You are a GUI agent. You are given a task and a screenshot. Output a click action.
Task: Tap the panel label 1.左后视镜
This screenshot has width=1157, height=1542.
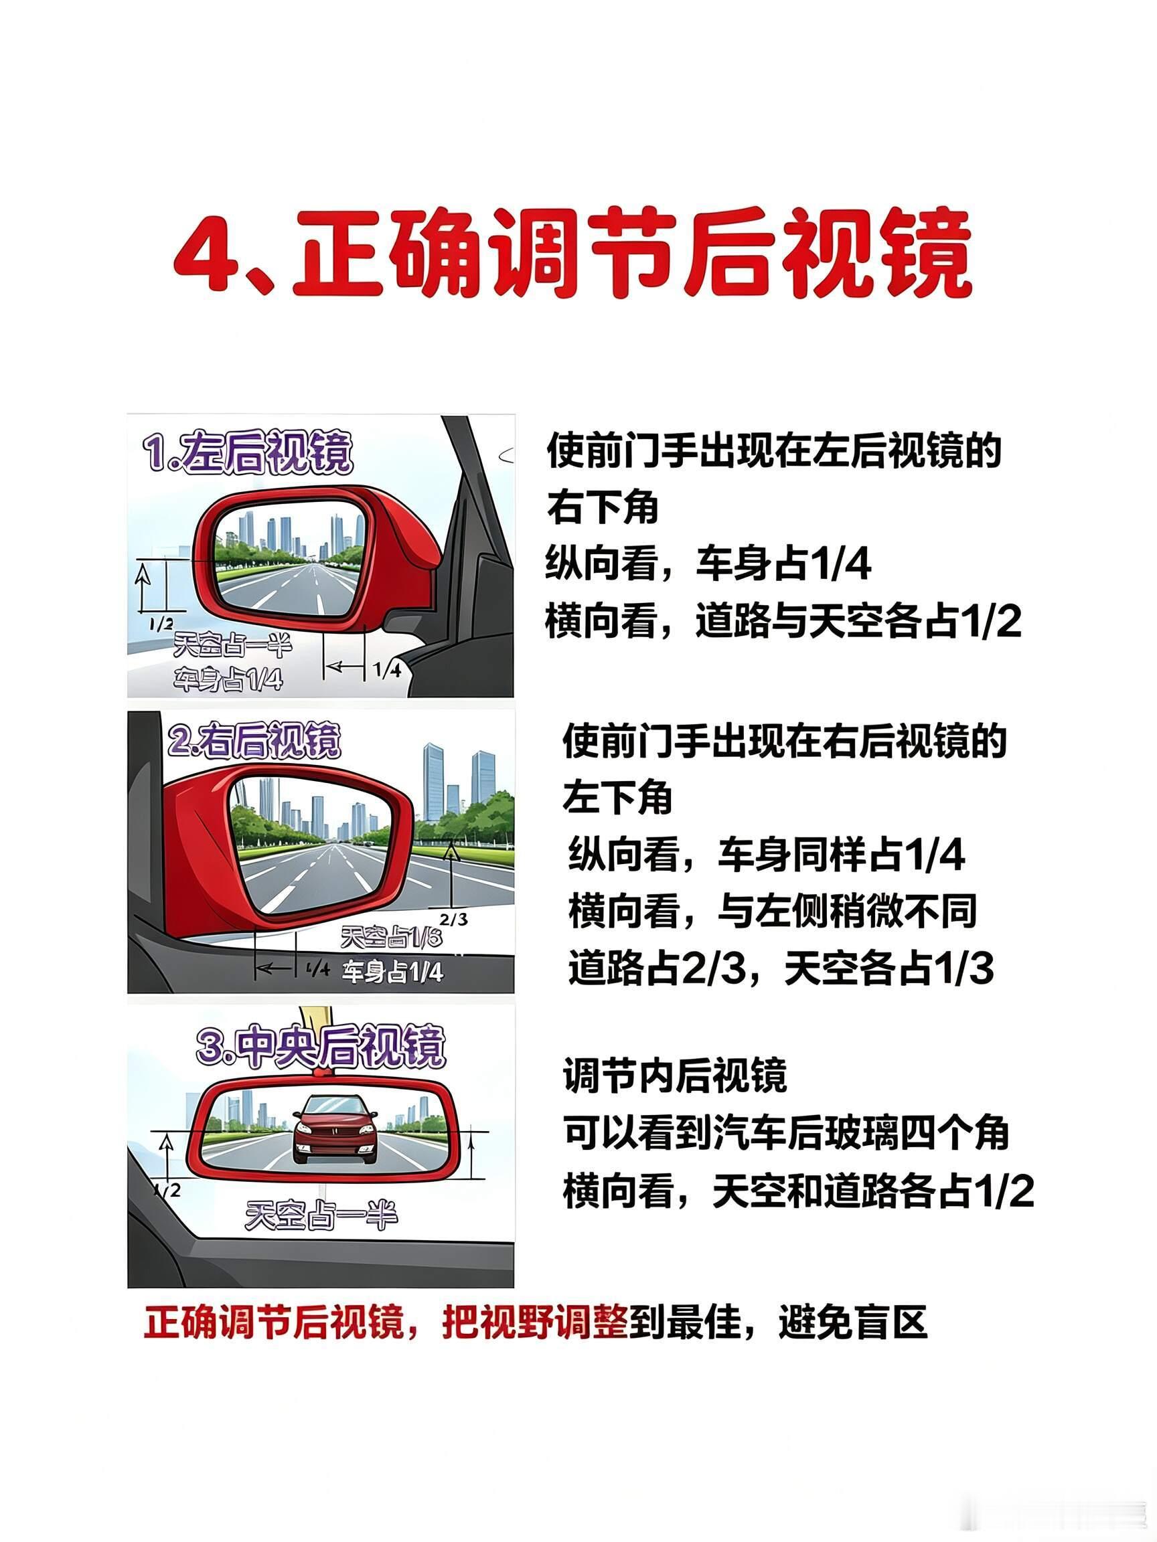[248, 453]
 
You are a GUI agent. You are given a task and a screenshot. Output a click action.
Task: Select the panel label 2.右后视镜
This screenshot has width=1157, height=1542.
[254, 740]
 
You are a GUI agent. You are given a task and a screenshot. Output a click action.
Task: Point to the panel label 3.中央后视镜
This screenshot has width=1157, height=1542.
[320, 1046]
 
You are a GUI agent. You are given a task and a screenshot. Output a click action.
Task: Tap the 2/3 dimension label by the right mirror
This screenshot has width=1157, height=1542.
[454, 920]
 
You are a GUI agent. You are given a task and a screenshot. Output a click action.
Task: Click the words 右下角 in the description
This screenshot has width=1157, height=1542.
[603, 507]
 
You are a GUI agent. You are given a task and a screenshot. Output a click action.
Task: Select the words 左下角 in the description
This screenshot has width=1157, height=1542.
[618, 797]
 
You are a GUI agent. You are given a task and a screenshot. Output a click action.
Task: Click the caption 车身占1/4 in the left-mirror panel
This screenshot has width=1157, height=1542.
[228, 678]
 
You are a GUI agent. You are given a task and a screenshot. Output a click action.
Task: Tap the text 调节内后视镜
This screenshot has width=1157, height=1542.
[675, 1075]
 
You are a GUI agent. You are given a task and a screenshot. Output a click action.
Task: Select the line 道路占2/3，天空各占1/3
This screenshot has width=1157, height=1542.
[781, 968]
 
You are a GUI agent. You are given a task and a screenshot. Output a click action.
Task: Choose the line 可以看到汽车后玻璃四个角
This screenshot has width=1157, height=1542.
[787, 1132]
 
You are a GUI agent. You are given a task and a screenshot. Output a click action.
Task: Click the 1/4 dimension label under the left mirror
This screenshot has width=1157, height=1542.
[387, 671]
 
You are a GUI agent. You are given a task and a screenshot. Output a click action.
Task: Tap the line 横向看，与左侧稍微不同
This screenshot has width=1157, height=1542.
[773, 912]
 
